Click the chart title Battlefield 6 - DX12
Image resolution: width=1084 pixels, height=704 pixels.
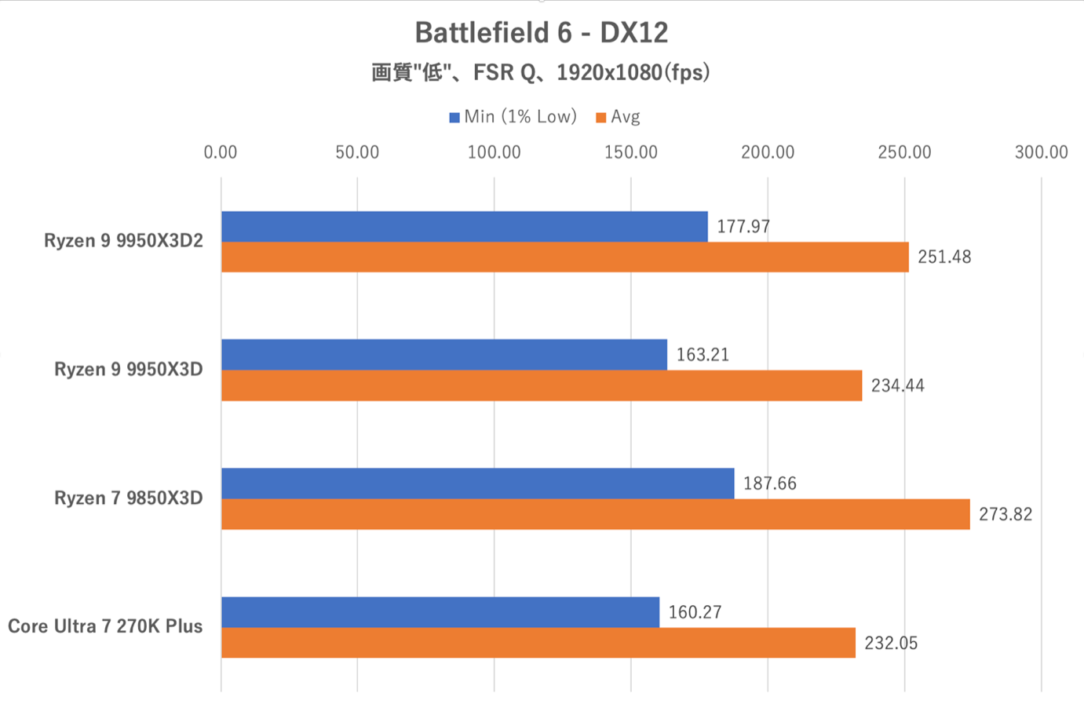[x=541, y=33]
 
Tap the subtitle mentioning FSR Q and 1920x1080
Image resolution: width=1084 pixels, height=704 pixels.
[x=541, y=73]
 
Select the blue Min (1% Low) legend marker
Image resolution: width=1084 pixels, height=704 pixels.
[x=454, y=118]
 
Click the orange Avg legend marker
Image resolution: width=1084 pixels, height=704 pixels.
[x=601, y=118]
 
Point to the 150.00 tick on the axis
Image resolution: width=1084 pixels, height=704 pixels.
[x=630, y=152]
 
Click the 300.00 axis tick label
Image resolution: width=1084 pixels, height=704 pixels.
[x=1041, y=152]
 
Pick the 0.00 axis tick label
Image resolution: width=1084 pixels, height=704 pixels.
[x=221, y=152]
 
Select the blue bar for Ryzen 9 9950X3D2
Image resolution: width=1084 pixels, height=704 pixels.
[x=464, y=226]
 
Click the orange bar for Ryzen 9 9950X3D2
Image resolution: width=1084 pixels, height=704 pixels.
[x=564, y=257]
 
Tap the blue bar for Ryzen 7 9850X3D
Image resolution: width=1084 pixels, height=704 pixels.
[x=477, y=483]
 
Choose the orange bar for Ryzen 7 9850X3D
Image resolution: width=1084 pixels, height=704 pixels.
[x=595, y=514]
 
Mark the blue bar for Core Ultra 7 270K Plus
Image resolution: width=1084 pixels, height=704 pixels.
[x=440, y=612]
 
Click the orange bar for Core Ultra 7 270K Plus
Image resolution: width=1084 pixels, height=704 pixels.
[x=538, y=643]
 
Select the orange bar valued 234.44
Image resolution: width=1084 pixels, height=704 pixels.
[x=542, y=385]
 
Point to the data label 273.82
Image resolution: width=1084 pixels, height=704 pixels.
[x=1005, y=515]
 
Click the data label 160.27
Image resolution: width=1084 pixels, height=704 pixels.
[x=695, y=612]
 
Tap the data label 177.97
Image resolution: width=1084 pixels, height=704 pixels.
[x=743, y=227]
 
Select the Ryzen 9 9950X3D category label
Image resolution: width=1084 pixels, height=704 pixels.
[x=129, y=370]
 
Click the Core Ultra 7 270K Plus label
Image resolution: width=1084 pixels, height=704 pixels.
[x=105, y=626]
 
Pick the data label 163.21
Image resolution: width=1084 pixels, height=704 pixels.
[x=703, y=355]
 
